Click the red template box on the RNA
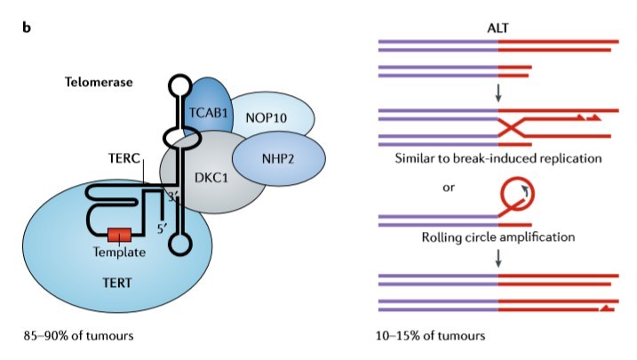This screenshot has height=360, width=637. coord(119,236)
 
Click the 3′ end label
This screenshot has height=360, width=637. coord(172,197)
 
